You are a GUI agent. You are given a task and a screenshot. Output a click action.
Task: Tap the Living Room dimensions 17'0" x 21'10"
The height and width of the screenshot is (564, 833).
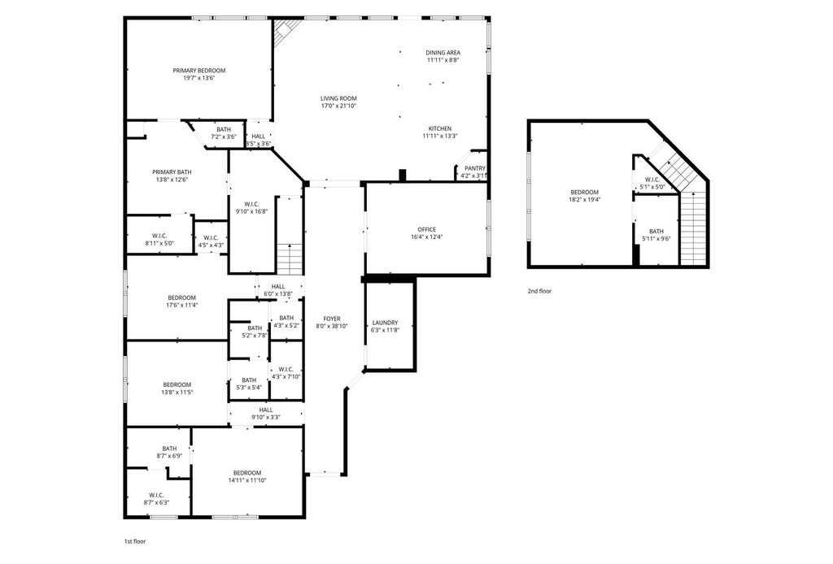[338, 106]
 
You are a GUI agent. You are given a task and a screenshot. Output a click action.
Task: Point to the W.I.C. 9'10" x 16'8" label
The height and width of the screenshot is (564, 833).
[252, 207]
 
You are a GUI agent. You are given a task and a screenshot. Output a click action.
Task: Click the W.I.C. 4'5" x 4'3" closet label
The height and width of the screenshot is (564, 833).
[211, 241]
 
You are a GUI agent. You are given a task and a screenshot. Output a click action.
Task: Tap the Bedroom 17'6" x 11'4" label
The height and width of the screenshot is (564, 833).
[182, 302]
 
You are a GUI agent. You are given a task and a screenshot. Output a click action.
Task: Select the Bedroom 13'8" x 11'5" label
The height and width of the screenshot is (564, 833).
[177, 388]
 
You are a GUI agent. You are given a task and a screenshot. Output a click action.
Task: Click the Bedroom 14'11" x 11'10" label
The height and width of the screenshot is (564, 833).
[247, 476]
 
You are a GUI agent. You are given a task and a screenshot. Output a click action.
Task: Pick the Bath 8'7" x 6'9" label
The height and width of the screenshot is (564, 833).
[169, 452]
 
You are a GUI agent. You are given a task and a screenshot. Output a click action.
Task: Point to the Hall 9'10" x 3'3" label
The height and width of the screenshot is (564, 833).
[266, 414]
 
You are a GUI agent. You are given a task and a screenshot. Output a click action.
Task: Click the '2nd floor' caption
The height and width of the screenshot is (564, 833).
[540, 291]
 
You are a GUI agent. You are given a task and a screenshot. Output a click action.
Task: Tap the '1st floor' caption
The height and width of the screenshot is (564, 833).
[135, 542]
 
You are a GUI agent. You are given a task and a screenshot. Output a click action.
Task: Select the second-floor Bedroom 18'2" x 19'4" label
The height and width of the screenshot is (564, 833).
[584, 196]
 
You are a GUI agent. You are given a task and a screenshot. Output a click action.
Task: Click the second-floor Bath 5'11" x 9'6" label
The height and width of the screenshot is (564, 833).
[656, 235]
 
